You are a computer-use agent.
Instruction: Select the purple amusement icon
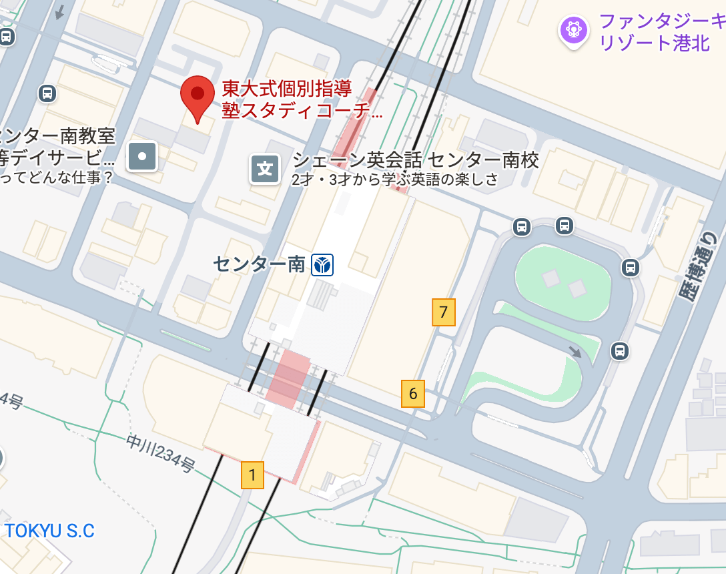point(574,30)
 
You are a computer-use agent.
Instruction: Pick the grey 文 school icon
point(265,170)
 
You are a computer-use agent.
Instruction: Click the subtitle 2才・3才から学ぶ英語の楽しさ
point(394,179)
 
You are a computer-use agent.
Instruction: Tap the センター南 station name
point(259,264)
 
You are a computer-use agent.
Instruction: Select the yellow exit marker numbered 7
point(444,312)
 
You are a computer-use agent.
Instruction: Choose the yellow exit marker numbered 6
point(413,394)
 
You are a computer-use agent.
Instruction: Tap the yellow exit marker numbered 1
point(252,475)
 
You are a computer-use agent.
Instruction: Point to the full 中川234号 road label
point(160,454)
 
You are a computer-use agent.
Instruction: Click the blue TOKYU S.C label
point(49,531)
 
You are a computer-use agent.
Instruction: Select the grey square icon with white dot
point(143,157)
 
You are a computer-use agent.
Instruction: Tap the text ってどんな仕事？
point(56,178)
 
